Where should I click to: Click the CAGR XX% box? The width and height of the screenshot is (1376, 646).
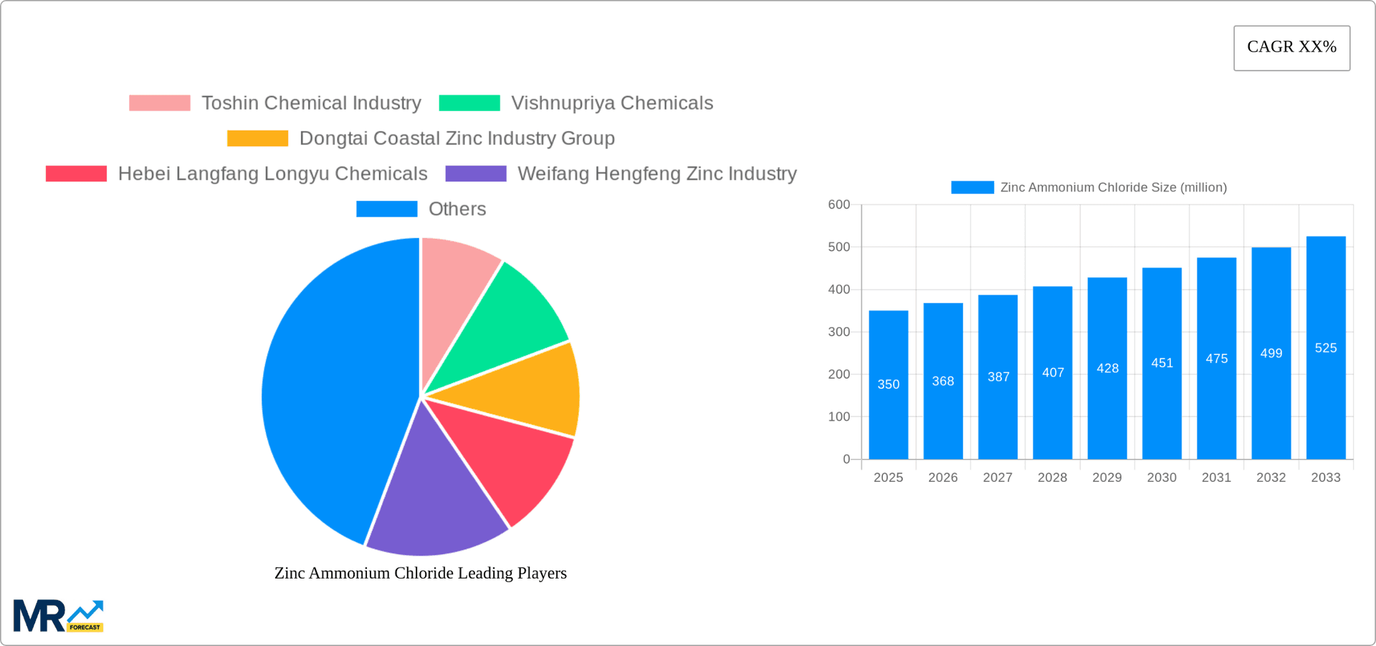(1291, 48)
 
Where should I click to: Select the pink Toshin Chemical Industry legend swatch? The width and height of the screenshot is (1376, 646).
(159, 103)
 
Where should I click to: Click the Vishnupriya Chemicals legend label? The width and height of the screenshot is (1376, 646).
(611, 103)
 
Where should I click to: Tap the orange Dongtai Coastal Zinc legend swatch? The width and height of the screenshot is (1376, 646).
(257, 138)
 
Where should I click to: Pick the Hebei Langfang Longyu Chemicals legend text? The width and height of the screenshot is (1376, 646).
(272, 174)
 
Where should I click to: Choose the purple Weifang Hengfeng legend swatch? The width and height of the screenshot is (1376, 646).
(475, 174)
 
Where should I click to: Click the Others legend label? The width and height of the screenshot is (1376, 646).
(457, 209)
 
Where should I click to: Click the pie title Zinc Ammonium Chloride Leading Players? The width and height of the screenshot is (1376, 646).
(421, 573)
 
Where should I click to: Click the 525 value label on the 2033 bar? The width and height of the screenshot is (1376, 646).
(1325, 348)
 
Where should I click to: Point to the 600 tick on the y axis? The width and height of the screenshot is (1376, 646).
(838, 205)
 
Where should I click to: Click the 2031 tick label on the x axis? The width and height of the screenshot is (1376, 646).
(1216, 478)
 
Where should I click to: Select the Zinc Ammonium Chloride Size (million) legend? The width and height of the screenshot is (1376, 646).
(1089, 187)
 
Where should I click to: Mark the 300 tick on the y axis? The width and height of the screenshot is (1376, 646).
(838, 332)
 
